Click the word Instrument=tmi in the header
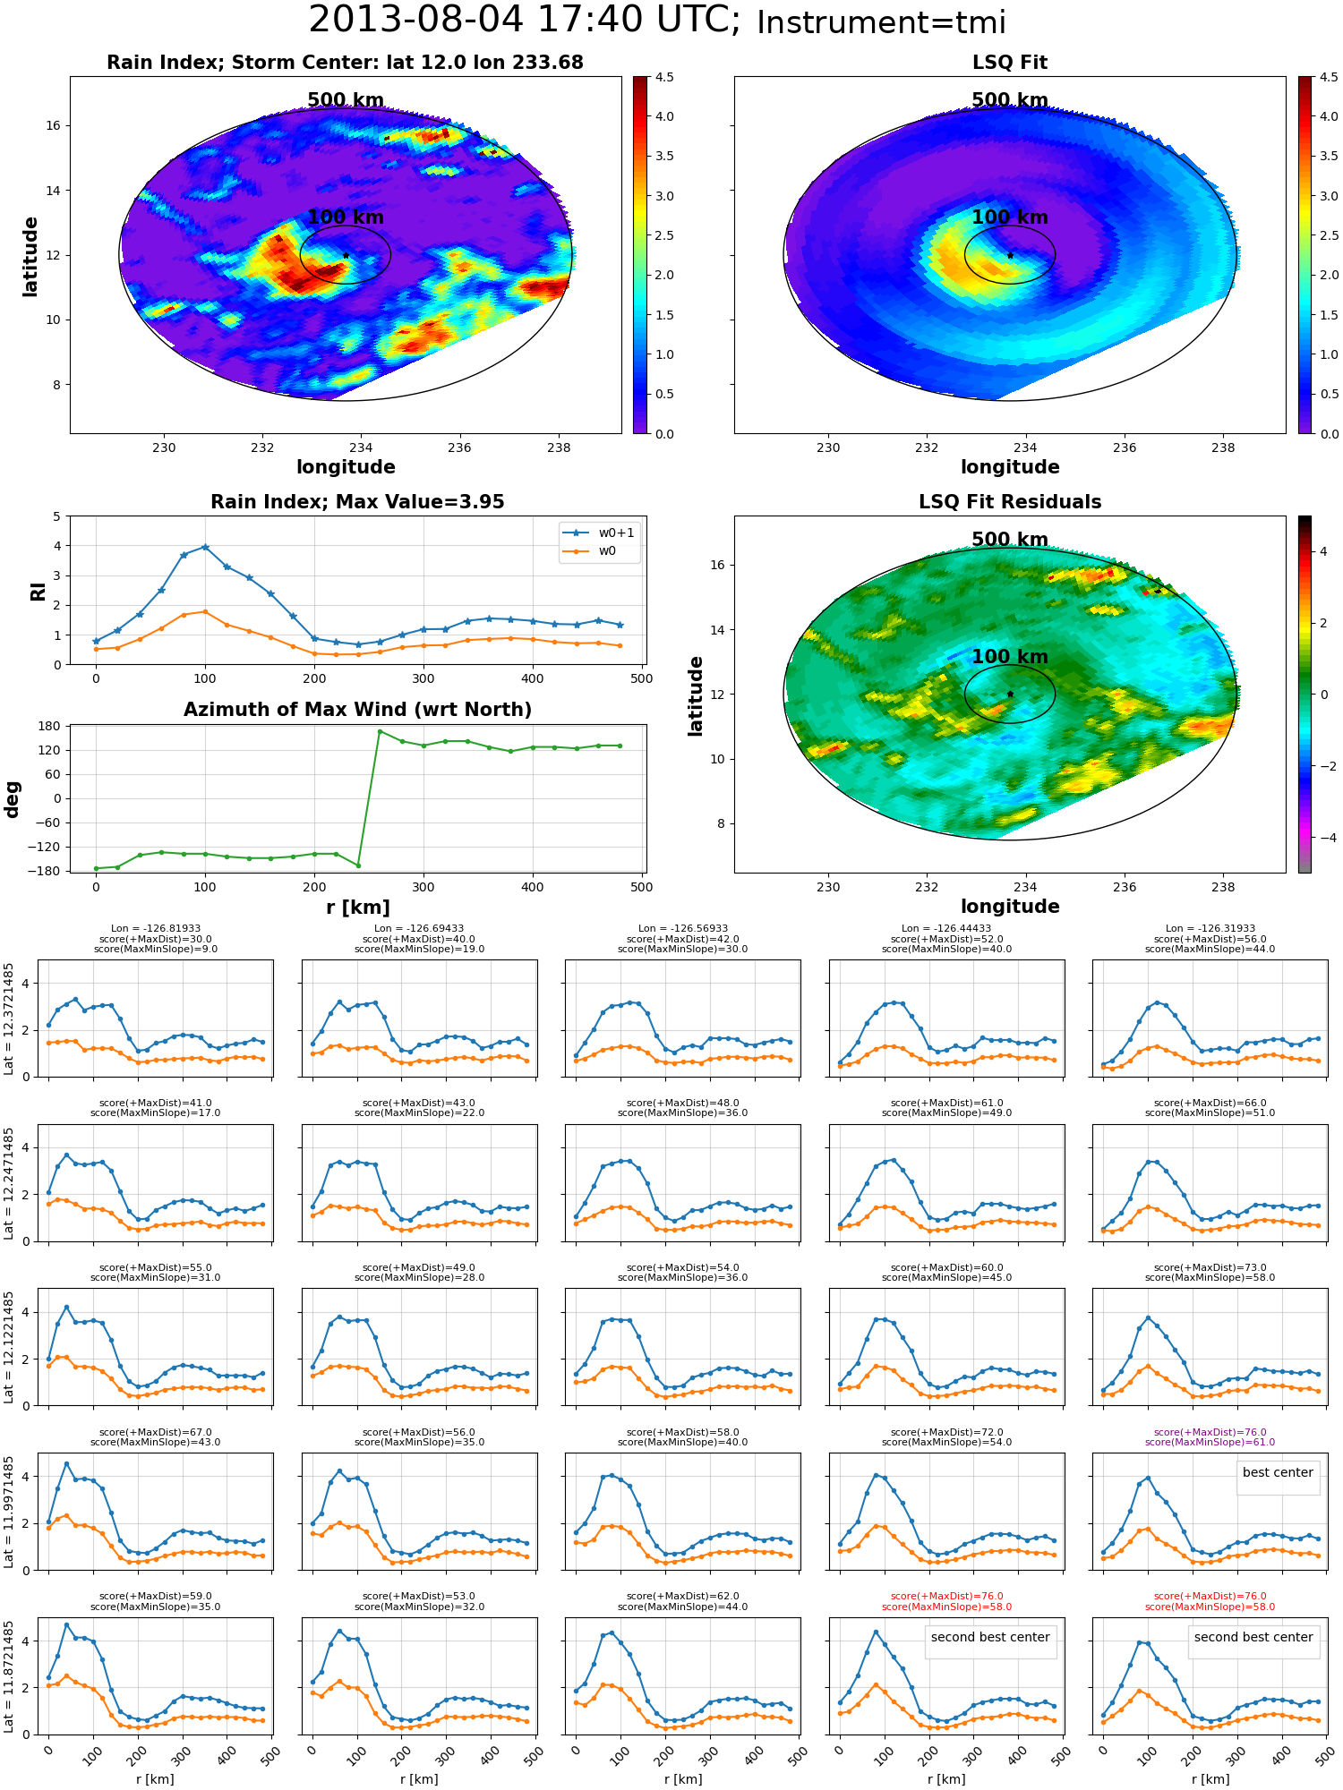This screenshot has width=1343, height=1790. tap(881, 23)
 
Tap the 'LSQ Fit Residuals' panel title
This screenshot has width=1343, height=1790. tap(1010, 502)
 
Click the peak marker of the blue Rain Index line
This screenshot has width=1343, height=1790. tap(205, 546)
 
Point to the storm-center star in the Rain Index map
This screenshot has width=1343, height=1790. tap(346, 255)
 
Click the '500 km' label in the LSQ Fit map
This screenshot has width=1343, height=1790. tap(1010, 100)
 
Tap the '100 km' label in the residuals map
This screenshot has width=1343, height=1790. tap(1010, 657)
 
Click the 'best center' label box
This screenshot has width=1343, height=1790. tap(1278, 1472)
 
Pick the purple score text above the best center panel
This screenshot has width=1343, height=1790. tap(1210, 1437)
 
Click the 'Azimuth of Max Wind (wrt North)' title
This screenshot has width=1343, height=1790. tap(357, 710)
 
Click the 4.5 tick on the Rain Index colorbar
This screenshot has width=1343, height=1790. tap(664, 77)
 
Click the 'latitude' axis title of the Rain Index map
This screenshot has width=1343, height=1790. tap(30, 256)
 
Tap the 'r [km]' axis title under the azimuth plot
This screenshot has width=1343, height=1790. tap(358, 908)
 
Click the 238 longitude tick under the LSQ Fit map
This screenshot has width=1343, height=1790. tap(1223, 447)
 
